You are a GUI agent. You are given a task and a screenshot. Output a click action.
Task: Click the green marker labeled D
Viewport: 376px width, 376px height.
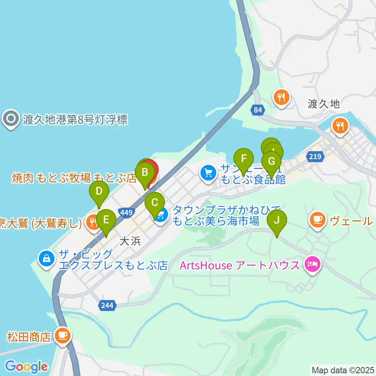(x=99, y=192)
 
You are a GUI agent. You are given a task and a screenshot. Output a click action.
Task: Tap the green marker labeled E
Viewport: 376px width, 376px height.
(x=106, y=220)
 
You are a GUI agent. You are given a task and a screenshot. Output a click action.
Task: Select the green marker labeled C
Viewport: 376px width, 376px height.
(x=154, y=203)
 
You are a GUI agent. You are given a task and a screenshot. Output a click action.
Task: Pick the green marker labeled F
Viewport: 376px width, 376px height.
(x=244, y=159)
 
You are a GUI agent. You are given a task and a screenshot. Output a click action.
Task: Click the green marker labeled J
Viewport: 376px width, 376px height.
(x=277, y=220)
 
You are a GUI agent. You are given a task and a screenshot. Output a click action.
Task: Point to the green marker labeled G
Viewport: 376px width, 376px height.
(x=271, y=161)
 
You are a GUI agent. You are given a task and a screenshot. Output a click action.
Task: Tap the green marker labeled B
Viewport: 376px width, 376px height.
(x=145, y=172)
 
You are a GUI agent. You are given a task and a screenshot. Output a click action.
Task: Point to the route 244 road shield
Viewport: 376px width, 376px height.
(x=108, y=306)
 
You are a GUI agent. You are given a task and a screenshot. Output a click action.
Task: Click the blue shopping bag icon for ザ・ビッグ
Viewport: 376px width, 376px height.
(x=47, y=258)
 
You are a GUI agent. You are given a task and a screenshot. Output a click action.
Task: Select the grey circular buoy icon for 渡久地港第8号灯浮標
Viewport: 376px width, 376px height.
(x=11, y=119)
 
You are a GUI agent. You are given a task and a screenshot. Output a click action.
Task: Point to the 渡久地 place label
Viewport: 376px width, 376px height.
(x=324, y=104)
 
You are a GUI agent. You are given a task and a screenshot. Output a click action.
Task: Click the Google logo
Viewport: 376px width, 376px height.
(x=26, y=367)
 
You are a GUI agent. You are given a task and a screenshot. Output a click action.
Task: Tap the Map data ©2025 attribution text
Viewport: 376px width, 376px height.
(x=343, y=369)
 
